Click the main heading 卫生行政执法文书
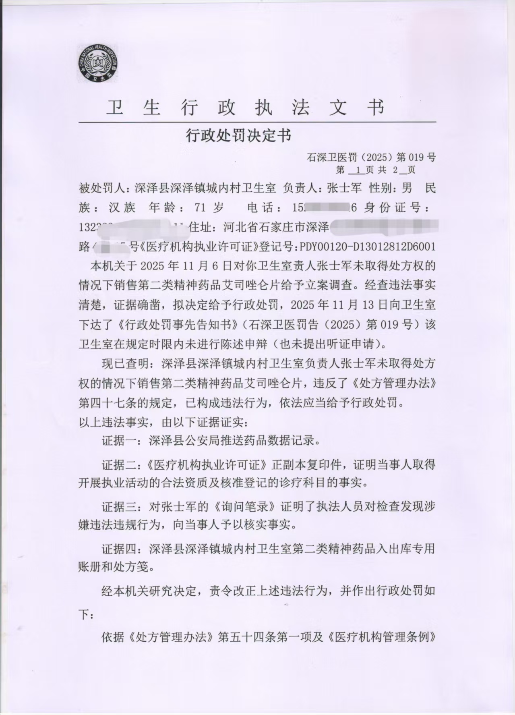(246, 108)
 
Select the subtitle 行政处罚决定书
(238, 136)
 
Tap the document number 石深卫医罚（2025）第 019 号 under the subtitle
(371, 157)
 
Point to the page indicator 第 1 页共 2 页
(375, 170)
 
